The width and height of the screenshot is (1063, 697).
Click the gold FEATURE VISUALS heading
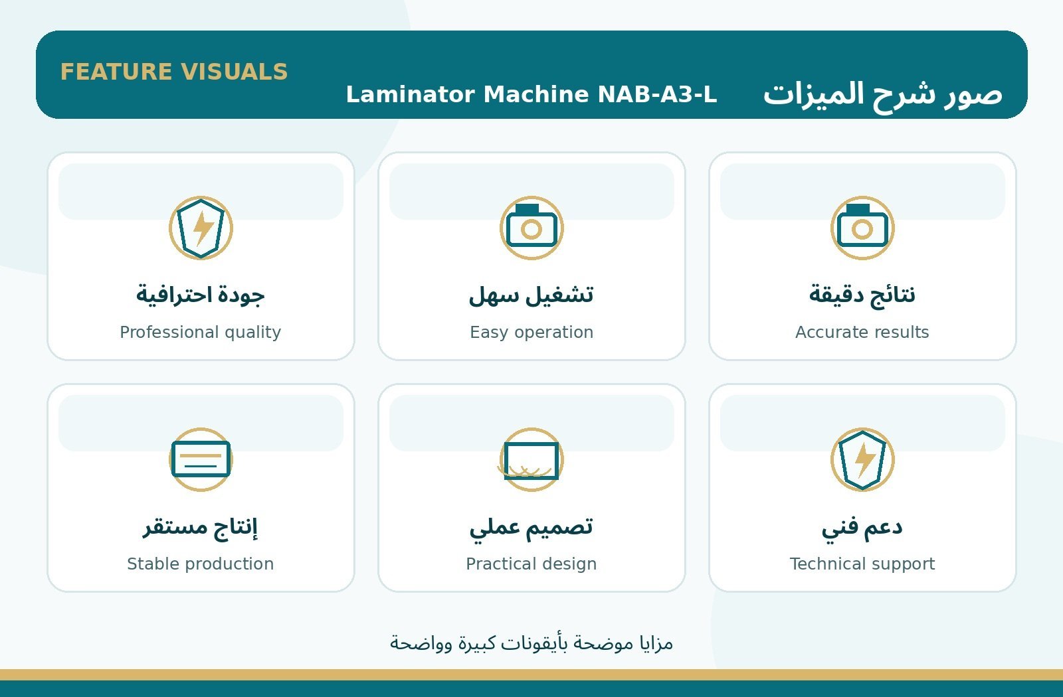(173, 72)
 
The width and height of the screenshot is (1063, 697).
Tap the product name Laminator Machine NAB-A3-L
(531, 94)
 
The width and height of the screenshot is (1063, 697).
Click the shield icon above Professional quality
(201, 228)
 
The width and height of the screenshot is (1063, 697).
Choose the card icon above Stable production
(201, 459)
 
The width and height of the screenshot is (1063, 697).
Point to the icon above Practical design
(531, 459)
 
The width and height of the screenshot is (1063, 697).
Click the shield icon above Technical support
(862, 459)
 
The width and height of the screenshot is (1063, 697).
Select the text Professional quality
(200, 333)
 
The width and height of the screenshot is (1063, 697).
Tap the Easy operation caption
(531, 333)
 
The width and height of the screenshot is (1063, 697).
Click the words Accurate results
(862, 332)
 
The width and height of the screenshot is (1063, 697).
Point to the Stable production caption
(200, 564)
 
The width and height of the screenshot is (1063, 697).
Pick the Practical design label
(531, 564)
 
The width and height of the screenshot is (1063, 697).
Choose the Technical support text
(862, 564)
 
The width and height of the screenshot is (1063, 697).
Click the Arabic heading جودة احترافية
(200, 295)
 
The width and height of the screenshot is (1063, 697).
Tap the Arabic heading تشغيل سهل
(531, 295)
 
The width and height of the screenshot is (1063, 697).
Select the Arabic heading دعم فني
(862, 527)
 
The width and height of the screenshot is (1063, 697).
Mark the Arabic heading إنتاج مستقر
(200, 527)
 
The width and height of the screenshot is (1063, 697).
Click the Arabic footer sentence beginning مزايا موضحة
(531, 643)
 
